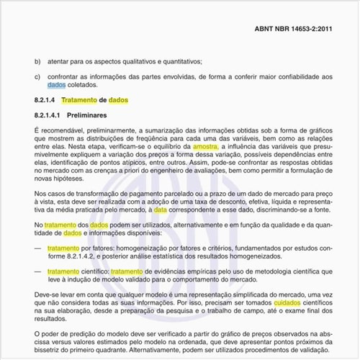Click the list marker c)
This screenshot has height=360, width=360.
37,76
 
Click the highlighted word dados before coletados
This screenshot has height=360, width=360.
47,85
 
